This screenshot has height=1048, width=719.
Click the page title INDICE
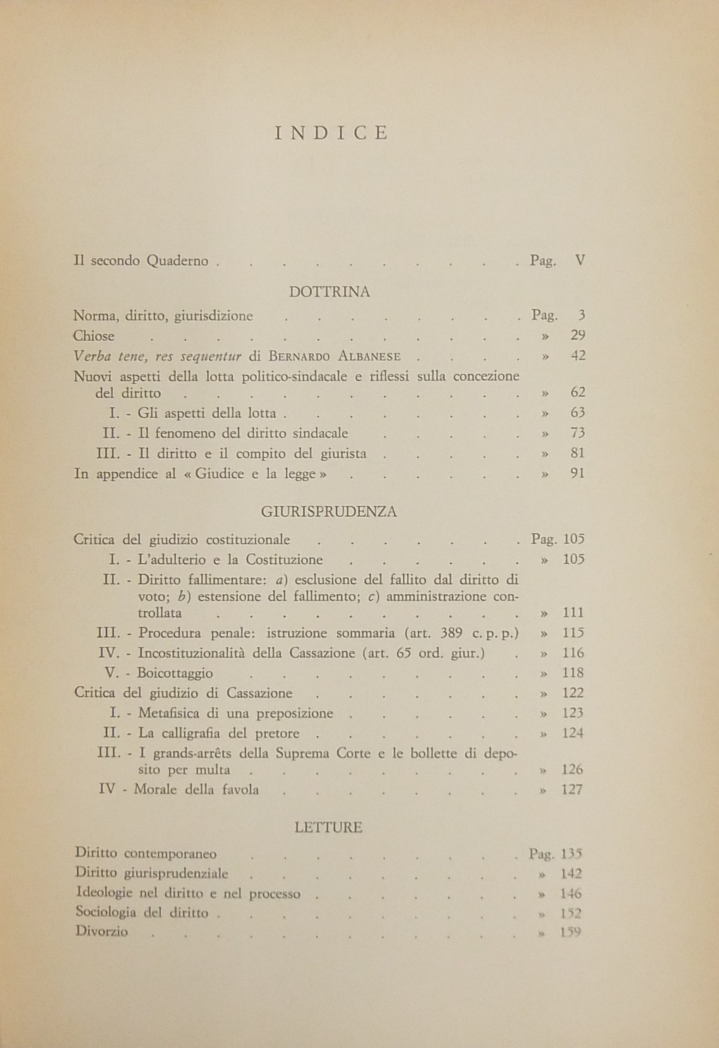point(331,133)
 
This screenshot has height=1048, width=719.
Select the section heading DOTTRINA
point(330,291)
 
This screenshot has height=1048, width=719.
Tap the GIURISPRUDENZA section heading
point(329,512)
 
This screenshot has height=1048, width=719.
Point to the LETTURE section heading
point(329,827)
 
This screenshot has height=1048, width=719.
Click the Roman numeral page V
point(580,260)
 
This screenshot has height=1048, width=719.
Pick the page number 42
point(578,356)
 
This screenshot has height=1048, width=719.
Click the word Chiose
point(94,337)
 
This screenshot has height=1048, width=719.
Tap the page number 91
point(578,474)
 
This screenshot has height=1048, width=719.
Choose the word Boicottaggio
point(175,673)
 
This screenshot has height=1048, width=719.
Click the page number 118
point(573,673)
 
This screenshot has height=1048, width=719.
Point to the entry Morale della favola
point(198,790)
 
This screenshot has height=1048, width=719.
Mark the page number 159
point(570,932)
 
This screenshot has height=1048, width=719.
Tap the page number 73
point(578,433)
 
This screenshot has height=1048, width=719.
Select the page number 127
point(572,790)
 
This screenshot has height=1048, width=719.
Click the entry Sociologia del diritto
point(143,913)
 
